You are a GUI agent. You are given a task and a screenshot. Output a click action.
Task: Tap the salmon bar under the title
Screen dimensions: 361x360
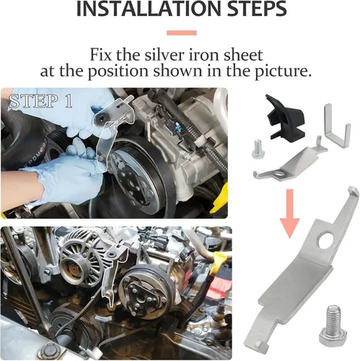point(181,32)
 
